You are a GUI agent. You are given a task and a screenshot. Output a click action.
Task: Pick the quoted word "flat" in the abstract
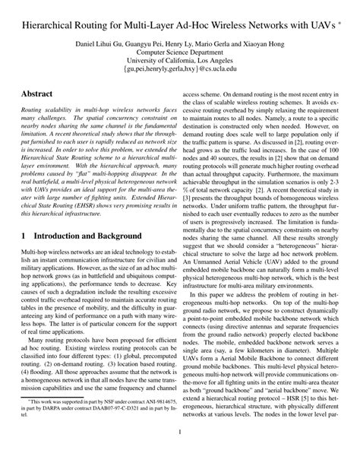tap(86, 171)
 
